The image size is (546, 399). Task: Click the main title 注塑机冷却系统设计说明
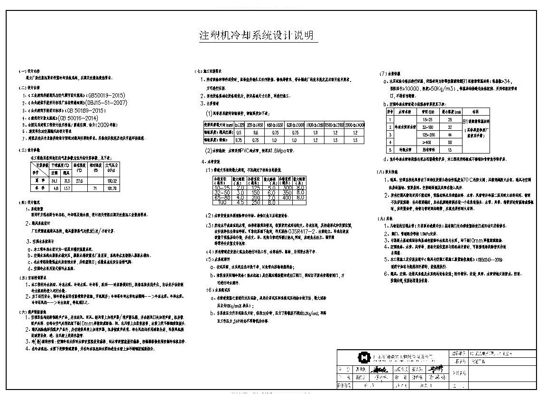point(257,36)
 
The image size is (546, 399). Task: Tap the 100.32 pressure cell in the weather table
point(112,181)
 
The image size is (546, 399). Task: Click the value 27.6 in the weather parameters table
point(80,181)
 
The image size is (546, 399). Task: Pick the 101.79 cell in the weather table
point(112,188)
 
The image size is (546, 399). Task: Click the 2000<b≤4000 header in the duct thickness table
point(355,125)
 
